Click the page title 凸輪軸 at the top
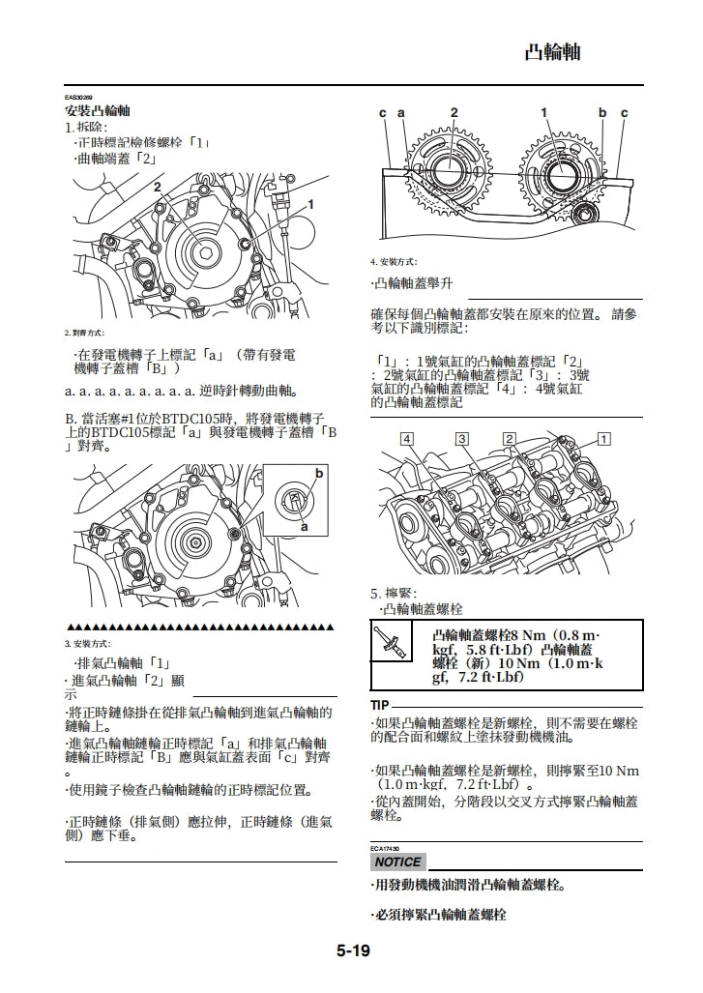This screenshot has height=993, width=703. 552,52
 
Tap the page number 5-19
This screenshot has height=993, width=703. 353,950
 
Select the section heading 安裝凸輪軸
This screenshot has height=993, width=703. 98,112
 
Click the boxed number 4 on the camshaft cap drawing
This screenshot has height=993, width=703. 407,439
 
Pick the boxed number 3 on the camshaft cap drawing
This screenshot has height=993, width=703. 462,439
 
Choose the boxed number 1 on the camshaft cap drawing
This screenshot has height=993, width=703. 604,439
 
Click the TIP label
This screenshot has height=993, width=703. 380,705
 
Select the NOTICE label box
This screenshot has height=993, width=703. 397,862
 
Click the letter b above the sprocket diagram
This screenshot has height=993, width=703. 601,113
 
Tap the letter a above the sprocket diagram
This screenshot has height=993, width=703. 400,113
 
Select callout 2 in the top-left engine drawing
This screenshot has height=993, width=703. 157,187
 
